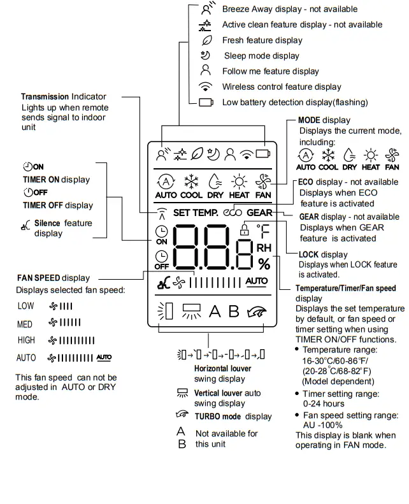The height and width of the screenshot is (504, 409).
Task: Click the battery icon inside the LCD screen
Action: coord(263,153)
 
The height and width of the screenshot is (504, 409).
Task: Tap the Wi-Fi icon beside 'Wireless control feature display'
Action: coord(205,87)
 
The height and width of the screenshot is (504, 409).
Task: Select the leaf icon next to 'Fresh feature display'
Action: coord(205,40)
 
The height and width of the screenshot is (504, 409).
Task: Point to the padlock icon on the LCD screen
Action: coord(244,231)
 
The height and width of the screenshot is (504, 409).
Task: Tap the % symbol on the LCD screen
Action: coord(263,263)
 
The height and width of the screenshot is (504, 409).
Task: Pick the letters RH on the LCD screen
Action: coord(264,247)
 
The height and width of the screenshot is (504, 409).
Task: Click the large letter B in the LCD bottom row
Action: coord(234,312)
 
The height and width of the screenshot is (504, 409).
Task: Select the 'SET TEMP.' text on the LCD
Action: coord(196,212)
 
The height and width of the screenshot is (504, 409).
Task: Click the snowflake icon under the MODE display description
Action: coord(328,155)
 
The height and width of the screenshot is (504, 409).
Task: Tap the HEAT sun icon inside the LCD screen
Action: coord(239,181)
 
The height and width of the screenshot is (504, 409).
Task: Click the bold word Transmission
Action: coord(45,97)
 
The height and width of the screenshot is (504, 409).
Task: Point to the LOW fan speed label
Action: coord(26,306)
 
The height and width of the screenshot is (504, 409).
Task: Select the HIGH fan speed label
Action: coord(27,340)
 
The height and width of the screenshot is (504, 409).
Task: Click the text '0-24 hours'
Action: coord(323,403)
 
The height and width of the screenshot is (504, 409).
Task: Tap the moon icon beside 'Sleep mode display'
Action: coord(205,55)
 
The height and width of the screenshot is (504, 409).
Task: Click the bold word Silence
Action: coord(47,223)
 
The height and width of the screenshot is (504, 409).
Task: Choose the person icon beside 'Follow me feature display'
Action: coord(205,71)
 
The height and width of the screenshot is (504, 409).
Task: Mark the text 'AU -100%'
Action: coord(322,425)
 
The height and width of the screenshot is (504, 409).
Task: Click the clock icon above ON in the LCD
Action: coord(162,232)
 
